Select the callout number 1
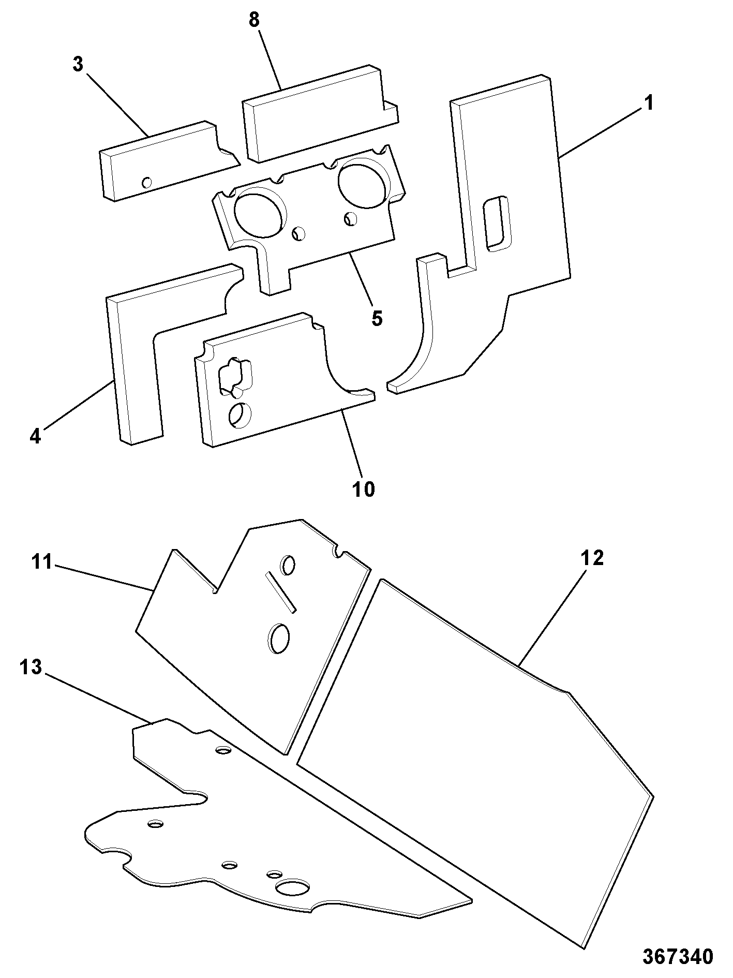pos(648,103)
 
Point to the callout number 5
pos(377,318)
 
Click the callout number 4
pos(35,437)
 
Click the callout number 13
pos(31,667)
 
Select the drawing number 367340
pos(678,956)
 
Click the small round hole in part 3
pos(147,182)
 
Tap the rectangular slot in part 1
pos(496,224)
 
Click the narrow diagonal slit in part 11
pos(281,592)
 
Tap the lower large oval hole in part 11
pos(278,638)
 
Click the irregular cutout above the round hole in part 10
pos(236,377)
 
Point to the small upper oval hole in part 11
pos(288,565)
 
